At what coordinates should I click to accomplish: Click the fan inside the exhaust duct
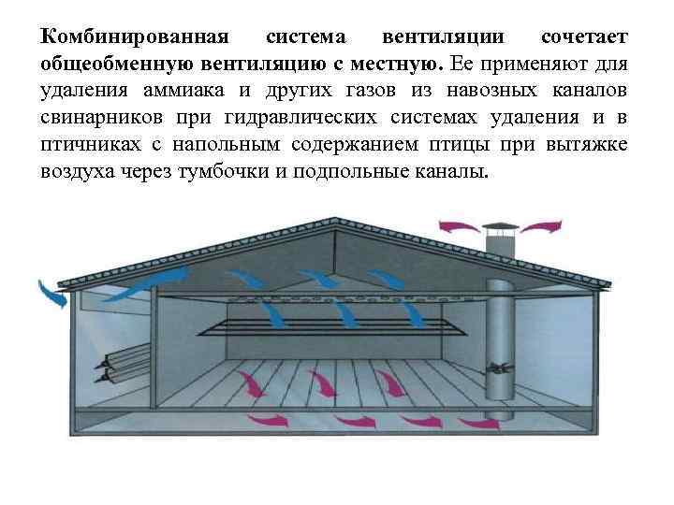[498, 367]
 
